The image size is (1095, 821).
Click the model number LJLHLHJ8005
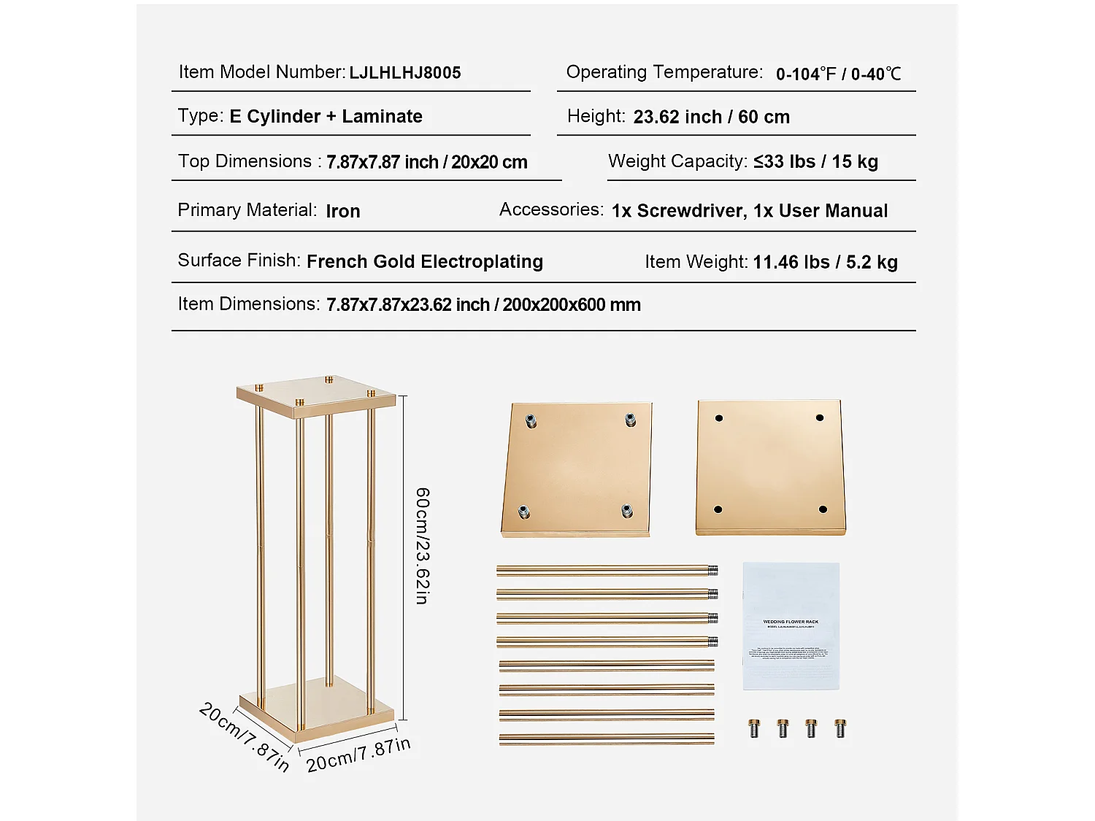point(404,73)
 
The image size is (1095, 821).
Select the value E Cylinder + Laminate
point(326,117)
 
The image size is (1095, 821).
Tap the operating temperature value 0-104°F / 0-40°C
point(838,74)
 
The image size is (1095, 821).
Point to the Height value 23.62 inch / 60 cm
point(711,117)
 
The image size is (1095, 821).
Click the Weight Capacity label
point(677,161)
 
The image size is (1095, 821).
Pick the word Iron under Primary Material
point(342,211)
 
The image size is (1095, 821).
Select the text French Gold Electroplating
point(424,261)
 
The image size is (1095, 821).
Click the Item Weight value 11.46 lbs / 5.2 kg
point(825,262)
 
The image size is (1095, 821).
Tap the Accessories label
point(551,209)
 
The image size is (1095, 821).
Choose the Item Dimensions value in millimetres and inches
point(483,304)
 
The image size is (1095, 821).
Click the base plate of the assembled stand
point(316,704)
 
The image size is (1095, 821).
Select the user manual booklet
point(791,625)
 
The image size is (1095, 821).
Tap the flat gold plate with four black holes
point(770,467)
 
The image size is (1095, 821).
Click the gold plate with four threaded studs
point(577,469)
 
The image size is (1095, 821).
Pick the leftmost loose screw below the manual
point(754,728)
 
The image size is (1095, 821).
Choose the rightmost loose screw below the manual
point(839,728)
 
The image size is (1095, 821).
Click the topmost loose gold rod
point(606,570)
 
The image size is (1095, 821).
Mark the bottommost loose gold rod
point(606,739)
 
